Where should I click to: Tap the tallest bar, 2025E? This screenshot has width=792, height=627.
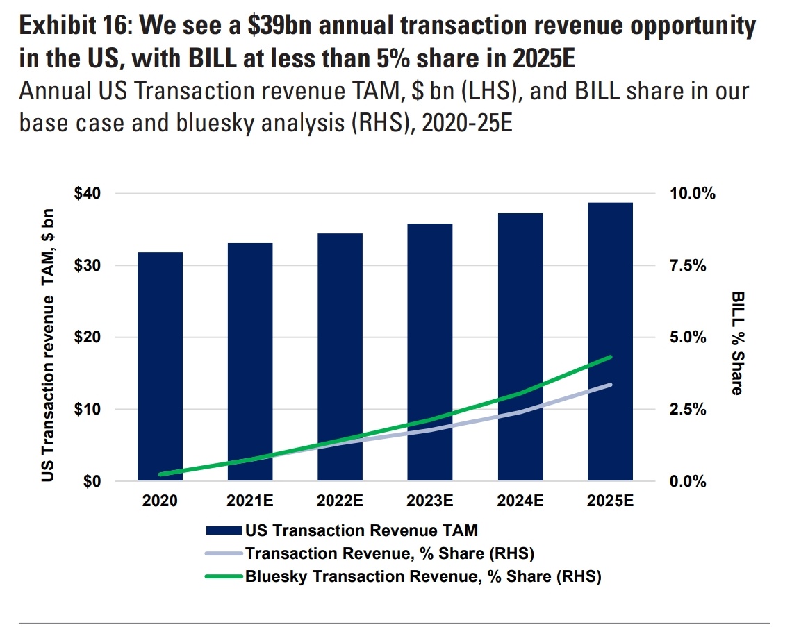tap(610, 341)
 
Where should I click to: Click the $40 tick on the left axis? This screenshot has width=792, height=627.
tap(88, 194)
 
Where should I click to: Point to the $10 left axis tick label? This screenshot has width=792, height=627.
tap(88, 410)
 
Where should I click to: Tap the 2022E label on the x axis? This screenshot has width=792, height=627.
tap(340, 501)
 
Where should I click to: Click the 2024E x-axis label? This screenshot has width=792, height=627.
tap(520, 501)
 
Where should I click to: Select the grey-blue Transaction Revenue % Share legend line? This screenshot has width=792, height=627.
tap(224, 554)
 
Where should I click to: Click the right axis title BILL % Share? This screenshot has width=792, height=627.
tap(738, 342)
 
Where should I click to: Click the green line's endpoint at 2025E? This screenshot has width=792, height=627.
tap(610, 357)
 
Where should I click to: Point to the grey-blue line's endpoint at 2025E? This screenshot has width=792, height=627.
tap(610, 385)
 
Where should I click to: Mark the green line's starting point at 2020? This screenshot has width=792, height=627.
tap(160, 474)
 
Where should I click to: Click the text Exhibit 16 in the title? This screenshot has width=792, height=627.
tap(74, 28)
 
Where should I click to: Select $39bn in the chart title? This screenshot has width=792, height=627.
tap(281, 28)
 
